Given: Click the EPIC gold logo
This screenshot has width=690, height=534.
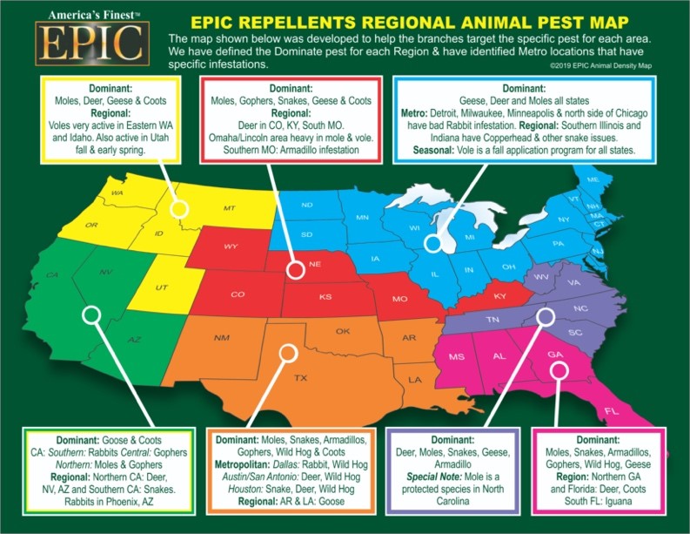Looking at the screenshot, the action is point(92,44).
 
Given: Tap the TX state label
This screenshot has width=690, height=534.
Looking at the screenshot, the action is point(300,378).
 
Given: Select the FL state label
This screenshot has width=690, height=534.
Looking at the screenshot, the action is point(611,411).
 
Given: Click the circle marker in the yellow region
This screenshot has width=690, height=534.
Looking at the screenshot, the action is point(178,209).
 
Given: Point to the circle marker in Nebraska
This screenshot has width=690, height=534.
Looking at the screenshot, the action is point(296,269).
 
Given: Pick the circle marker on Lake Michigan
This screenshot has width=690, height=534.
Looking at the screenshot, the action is point(433,243).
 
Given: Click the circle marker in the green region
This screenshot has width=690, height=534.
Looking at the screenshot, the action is point(91,314).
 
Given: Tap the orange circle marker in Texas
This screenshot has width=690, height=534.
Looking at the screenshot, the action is point(288,353).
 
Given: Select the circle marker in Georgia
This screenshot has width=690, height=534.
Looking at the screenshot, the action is point(559,370).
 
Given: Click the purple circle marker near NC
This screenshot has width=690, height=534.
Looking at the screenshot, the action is point(546,316).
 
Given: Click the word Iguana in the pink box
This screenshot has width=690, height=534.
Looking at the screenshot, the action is point(619,501).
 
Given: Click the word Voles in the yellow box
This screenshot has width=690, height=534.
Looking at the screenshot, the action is point(60,125).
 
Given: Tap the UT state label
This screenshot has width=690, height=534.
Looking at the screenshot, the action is point(162,287).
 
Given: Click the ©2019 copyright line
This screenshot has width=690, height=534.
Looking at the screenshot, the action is point(600,65).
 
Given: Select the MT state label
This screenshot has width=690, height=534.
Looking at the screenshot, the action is point(229,208).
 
